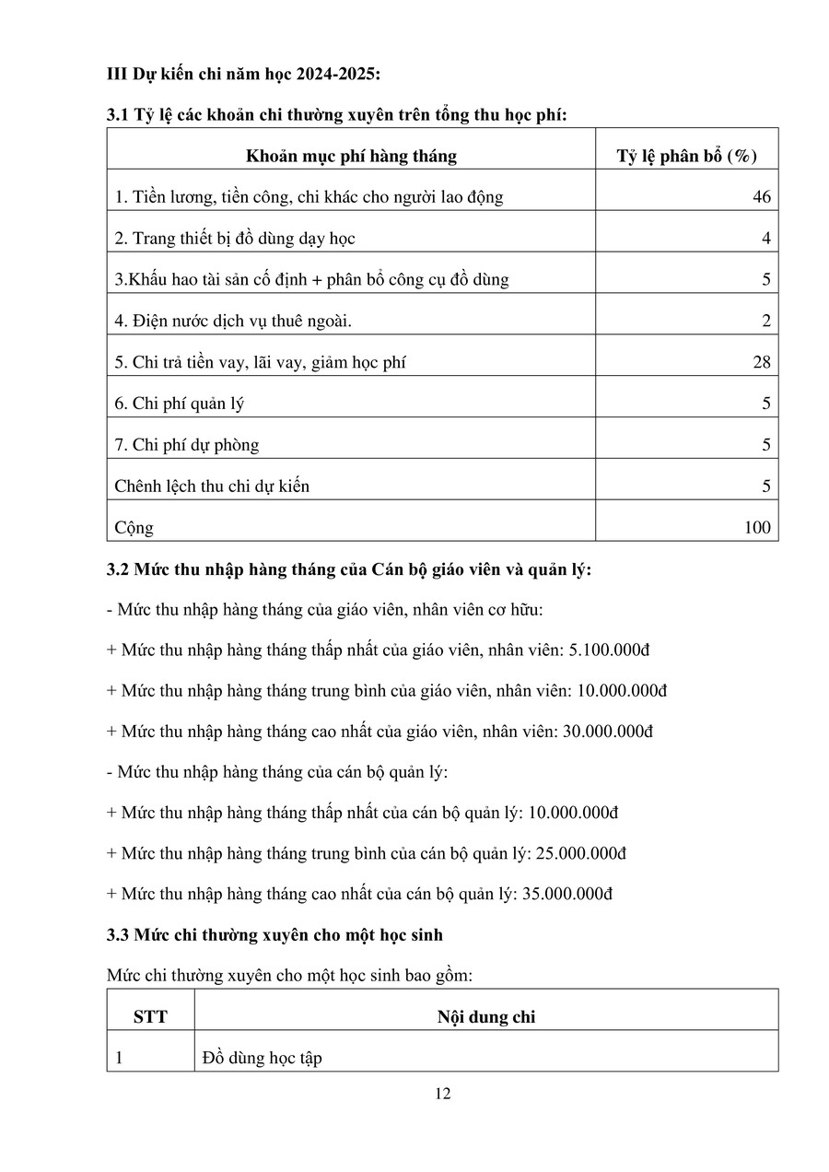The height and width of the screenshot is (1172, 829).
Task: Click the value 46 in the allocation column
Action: click(761, 197)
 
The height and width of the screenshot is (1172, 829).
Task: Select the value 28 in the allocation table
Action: click(761, 362)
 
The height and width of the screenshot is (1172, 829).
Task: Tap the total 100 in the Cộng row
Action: click(756, 528)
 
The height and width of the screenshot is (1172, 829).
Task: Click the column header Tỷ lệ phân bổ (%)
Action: click(686, 156)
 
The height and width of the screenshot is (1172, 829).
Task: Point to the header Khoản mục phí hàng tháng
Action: click(351, 156)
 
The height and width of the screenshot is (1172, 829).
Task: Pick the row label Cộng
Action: click(134, 528)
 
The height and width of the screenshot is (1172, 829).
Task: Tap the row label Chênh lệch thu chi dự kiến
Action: click(212, 486)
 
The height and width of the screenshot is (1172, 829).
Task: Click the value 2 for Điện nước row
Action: click(765, 322)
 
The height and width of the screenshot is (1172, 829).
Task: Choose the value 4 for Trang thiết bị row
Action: click(765, 239)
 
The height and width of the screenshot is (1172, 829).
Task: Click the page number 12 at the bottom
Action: click(442, 1094)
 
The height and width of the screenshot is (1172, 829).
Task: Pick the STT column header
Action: click(150, 1017)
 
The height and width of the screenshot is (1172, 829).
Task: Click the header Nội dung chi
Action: click(485, 1017)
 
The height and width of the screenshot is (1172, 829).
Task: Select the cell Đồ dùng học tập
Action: click(263, 1059)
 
